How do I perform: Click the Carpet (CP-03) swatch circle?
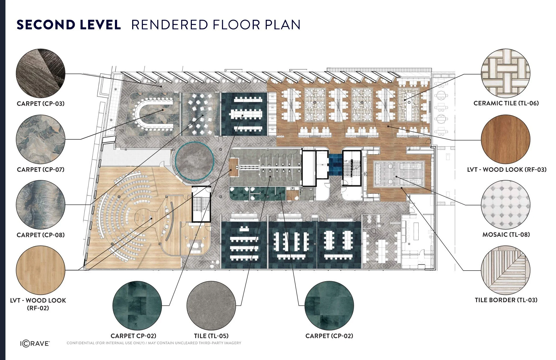(x=41, y=73)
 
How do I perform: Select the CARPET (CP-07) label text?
(x=41, y=170)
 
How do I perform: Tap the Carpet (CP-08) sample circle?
(x=41, y=205)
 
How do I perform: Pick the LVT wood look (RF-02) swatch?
(x=41, y=270)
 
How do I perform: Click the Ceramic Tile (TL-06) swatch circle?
(x=506, y=73)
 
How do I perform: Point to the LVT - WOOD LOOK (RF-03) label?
(x=507, y=170)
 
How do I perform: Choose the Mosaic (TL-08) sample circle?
(x=506, y=205)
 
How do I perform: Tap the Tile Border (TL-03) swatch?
(x=506, y=270)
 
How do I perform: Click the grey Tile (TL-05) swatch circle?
(x=211, y=306)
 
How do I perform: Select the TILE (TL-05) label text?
(x=211, y=336)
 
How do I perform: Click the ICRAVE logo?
(x=35, y=343)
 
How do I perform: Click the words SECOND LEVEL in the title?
(x=69, y=25)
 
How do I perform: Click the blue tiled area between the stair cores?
(x=335, y=164)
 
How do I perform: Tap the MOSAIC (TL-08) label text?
(x=506, y=235)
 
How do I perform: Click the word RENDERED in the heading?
(x=170, y=25)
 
